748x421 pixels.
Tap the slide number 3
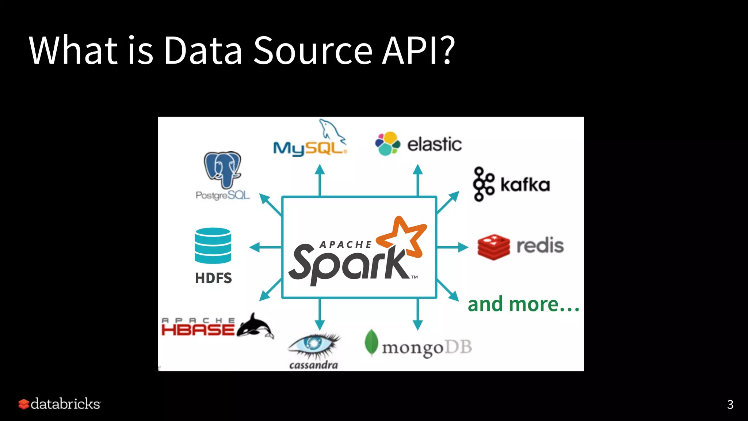click(x=730, y=404)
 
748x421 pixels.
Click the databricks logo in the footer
click(x=60, y=404)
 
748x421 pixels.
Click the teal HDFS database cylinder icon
click(x=213, y=246)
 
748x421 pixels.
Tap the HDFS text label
click(x=213, y=278)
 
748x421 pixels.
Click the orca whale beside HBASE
click(x=255, y=326)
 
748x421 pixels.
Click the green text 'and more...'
click(x=523, y=304)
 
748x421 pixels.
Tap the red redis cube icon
click(x=494, y=247)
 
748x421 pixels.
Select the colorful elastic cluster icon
click(x=388, y=144)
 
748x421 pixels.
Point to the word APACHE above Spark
click(x=346, y=244)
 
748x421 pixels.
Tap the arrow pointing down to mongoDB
click(x=417, y=315)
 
